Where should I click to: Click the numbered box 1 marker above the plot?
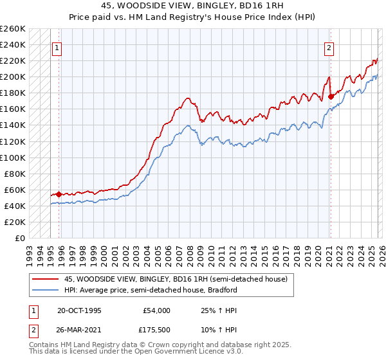pos(57,47)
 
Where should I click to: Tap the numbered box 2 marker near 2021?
pos(329,47)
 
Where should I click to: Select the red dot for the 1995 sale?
pos(59,194)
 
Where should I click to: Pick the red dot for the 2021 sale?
pos(330,96)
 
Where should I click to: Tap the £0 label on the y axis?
pos(19,238)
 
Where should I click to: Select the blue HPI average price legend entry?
pos(151,290)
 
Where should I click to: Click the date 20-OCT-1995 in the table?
pos(79,310)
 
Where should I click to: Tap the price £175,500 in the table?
pos(157,331)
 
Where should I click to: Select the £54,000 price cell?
pos(157,310)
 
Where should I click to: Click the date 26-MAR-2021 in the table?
pos(79,331)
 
